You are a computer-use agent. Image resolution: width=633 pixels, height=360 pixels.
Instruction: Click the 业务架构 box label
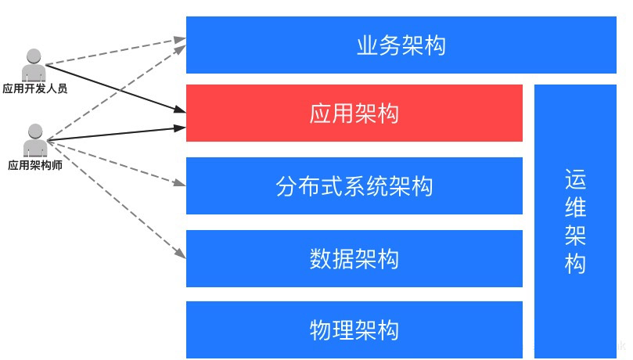pyautogui.click(x=401, y=45)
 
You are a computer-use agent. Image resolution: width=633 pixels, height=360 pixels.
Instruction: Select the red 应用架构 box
pyautogui.click(x=354, y=113)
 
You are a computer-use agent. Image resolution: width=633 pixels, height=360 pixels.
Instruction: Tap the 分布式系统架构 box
pyautogui.click(x=354, y=186)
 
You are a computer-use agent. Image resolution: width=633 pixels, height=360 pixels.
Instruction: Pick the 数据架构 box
pyautogui.click(x=354, y=258)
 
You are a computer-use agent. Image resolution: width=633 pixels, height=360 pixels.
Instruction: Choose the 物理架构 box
pyautogui.click(x=354, y=329)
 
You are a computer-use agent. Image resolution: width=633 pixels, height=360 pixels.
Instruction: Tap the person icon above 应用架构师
pyautogui.click(x=34, y=140)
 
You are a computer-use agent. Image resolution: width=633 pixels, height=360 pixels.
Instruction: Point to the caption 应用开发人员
pyautogui.click(x=34, y=88)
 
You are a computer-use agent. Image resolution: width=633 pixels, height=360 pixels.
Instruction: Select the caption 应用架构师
pyautogui.click(x=34, y=165)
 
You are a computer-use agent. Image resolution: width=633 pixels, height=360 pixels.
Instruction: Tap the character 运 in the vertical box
pyautogui.click(x=575, y=181)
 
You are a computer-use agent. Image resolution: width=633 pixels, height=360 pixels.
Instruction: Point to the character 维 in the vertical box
pyautogui.click(x=575, y=208)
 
